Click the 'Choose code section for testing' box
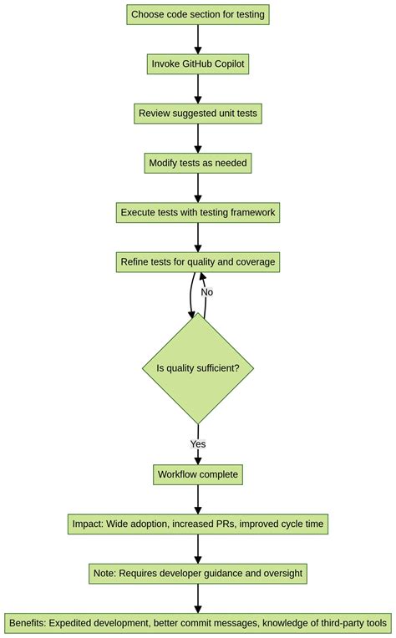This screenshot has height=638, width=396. (x=198, y=15)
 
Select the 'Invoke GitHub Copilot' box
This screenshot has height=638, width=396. (x=198, y=64)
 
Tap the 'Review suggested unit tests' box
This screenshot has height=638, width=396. (x=198, y=114)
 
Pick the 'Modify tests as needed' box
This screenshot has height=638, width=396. (x=198, y=163)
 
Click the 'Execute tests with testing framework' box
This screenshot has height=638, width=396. (x=198, y=212)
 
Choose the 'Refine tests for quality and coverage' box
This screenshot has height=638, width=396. (x=198, y=262)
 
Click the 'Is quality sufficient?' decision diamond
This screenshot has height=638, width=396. (x=198, y=368)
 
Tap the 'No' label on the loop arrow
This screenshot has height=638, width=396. (x=206, y=292)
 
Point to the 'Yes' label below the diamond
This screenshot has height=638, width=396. (x=198, y=444)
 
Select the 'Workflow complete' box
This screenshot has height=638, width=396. (x=198, y=474)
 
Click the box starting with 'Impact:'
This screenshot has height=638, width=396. (x=198, y=524)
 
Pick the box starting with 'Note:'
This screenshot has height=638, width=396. (x=198, y=574)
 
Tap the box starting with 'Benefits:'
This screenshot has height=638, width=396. (x=198, y=623)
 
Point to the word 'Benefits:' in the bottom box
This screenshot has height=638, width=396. (x=33, y=623)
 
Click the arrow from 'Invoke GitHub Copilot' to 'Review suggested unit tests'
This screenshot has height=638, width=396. (x=198, y=89)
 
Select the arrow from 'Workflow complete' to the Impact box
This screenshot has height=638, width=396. (x=198, y=499)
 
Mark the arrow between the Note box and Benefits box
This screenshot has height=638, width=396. (x=198, y=599)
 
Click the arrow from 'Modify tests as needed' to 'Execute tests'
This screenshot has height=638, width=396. (x=198, y=188)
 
